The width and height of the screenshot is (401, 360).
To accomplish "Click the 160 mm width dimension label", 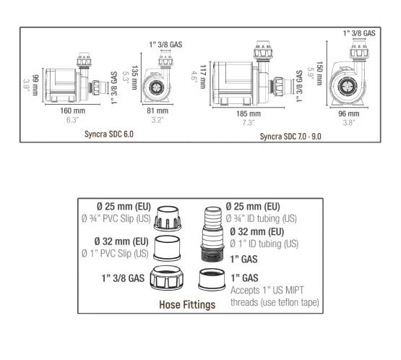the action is (x=72, y=111).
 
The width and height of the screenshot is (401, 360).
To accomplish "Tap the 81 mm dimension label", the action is (x=158, y=111).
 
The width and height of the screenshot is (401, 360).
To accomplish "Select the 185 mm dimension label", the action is (x=249, y=113).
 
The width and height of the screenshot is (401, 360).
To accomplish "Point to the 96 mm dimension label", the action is (x=348, y=113).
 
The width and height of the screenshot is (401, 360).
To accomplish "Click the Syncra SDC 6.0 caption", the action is (x=109, y=134).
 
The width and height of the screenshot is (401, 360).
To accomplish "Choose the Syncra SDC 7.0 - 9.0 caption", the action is (x=290, y=137).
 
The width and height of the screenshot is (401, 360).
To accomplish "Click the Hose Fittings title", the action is (x=187, y=305).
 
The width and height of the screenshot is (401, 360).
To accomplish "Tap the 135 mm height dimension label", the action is (x=134, y=77).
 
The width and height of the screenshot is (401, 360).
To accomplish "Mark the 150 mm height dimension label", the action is (x=319, y=73).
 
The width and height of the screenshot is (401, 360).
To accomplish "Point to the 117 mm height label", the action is (x=202, y=77).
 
